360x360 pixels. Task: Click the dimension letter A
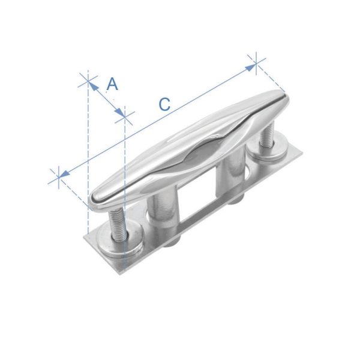pos(113,84)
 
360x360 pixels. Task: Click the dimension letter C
pos(164,104)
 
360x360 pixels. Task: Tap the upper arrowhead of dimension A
pos(92,85)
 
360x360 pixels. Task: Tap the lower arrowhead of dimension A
pos(120,112)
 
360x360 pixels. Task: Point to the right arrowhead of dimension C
pos(250,68)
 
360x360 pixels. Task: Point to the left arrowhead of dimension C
pos(65,173)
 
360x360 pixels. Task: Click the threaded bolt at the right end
pos(267,134)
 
